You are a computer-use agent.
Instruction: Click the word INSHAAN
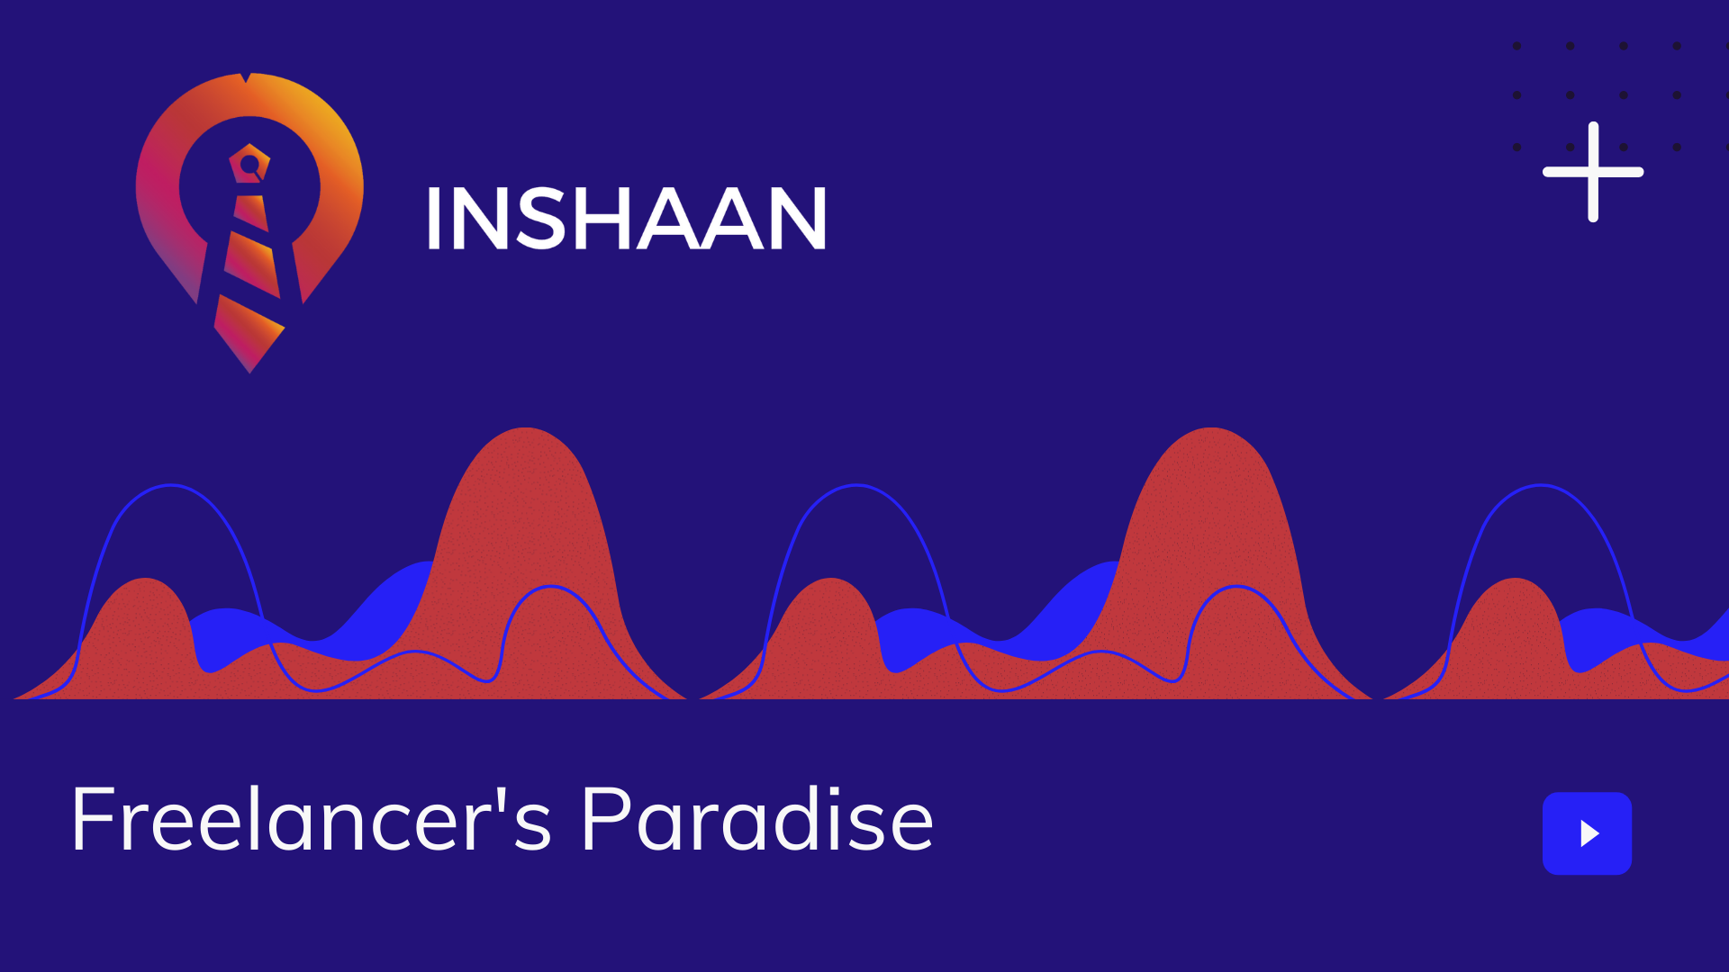(626, 219)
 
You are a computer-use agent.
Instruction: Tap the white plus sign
(1593, 172)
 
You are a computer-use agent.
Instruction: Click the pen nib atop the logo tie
(249, 164)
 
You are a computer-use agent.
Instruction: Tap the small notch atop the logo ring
(245, 77)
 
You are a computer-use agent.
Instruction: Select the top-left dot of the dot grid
(1516, 46)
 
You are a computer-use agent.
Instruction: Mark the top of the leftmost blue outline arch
(170, 485)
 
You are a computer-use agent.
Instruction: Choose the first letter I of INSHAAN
(433, 219)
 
